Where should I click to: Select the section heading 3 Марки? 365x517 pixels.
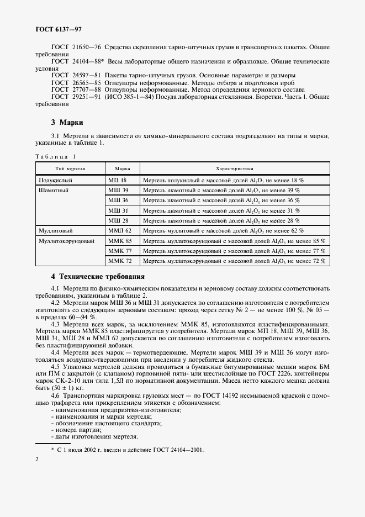(x=67, y=122)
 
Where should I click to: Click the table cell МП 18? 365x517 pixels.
(x=118, y=180)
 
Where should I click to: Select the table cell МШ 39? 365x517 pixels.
(x=118, y=190)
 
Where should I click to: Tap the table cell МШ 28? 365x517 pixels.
(x=118, y=220)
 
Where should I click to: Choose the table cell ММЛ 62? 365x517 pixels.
(x=120, y=230)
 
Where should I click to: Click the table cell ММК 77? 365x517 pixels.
(x=120, y=250)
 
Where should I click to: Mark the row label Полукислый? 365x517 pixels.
(x=55, y=180)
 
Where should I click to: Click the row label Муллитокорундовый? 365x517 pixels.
(x=66, y=240)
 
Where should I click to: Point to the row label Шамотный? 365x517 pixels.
(x=53, y=190)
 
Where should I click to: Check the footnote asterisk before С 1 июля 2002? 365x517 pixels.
(x=52, y=450)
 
